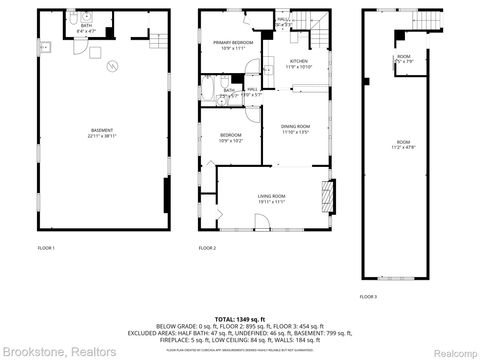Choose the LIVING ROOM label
pos(271,199)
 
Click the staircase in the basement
pos(156,40)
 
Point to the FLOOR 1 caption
pos(46,247)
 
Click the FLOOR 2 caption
pos(207,247)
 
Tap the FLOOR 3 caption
pos(368,297)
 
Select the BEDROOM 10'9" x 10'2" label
pos(230,139)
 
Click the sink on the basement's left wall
pos(44,46)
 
